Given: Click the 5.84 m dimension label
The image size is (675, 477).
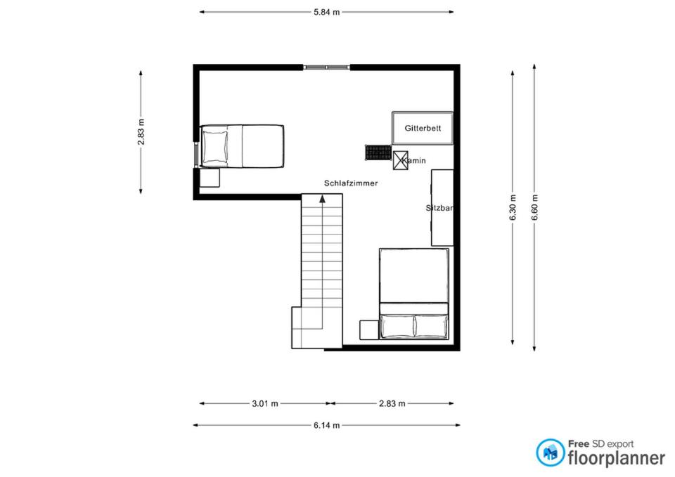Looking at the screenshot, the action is click(x=326, y=12).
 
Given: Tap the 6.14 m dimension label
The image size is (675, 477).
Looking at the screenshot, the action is click(x=326, y=426).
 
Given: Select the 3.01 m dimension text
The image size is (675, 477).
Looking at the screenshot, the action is click(x=265, y=403).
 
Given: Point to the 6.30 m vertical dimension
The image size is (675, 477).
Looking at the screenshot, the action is click(x=513, y=208).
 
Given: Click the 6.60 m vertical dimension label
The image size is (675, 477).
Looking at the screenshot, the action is click(x=534, y=208).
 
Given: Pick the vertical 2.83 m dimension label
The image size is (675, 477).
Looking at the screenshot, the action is click(x=141, y=132).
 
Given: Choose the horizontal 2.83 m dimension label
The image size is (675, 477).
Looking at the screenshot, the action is click(x=392, y=403).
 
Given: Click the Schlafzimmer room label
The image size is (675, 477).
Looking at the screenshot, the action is click(x=351, y=183).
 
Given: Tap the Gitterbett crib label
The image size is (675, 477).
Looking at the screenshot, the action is click(x=423, y=128).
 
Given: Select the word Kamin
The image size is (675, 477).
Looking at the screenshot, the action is click(x=414, y=160).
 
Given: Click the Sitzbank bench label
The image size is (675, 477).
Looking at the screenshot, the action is click(x=439, y=208).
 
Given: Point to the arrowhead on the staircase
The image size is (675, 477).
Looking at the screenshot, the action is click(x=322, y=198).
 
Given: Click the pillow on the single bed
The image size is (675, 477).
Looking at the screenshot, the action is click(x=215, y=146).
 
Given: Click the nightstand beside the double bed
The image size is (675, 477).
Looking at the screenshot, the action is click(x=369, y=330).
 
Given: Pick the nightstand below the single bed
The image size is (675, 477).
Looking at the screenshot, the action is click(x=210, y=178).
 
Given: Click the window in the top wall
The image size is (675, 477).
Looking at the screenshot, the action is click(x=326, y=67).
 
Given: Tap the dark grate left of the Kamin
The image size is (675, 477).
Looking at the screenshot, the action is click(x=378, y=152).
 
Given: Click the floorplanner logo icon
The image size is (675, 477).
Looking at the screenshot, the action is click(x=550, y=452).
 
